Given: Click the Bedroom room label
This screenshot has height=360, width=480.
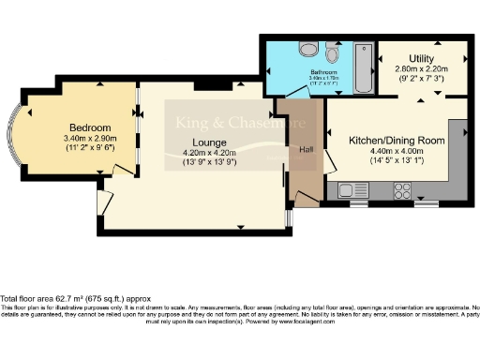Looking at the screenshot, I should tap(90, 128).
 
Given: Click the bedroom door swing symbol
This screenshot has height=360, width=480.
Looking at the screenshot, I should tap(122, 170).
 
